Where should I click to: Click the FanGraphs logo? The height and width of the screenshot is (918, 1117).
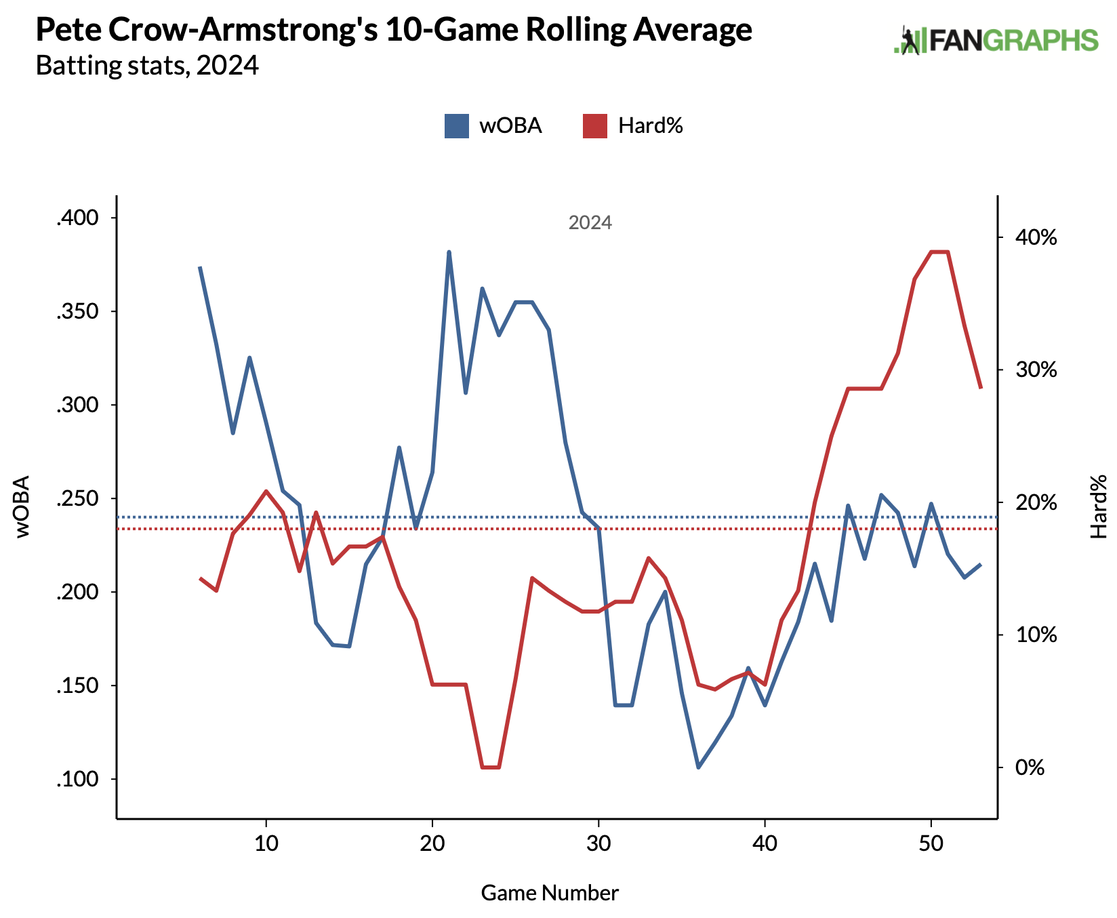click(996, 41)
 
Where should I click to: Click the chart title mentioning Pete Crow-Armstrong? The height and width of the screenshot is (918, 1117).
click(393, 31)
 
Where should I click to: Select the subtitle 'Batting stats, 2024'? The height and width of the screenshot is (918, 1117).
click(147, 66)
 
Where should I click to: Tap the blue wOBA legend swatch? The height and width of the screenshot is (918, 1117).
click(456, 126)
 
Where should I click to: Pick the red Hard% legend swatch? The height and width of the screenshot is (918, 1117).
click(594, 126)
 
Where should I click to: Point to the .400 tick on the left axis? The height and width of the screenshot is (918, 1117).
click(77, 218)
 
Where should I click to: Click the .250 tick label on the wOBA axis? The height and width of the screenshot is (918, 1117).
click(77, 499)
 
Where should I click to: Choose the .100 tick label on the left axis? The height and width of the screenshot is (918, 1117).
click(77, 780)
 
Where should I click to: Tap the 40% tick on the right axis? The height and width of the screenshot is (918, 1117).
click(1036, 238)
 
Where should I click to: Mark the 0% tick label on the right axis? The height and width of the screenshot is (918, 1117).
click(1030, 768)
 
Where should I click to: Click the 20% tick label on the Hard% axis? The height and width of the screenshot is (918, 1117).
click(1036, 503)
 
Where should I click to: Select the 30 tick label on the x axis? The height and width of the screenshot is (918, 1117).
click(598, 844)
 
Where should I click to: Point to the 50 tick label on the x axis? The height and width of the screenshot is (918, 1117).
click(931, 844)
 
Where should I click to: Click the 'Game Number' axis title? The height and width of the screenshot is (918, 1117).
click(550, 893)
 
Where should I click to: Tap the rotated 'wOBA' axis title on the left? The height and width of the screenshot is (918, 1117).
click(22, 506)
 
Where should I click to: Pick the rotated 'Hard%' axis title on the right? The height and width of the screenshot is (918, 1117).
click(1098, 506)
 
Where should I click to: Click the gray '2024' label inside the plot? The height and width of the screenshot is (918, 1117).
click(590, 223)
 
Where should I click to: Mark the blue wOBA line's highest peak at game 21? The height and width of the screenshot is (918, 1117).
click(449, 252)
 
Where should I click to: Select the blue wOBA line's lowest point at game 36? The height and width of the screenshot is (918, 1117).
click(698, 767)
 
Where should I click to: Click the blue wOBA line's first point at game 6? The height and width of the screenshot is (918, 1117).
click(200, 268)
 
